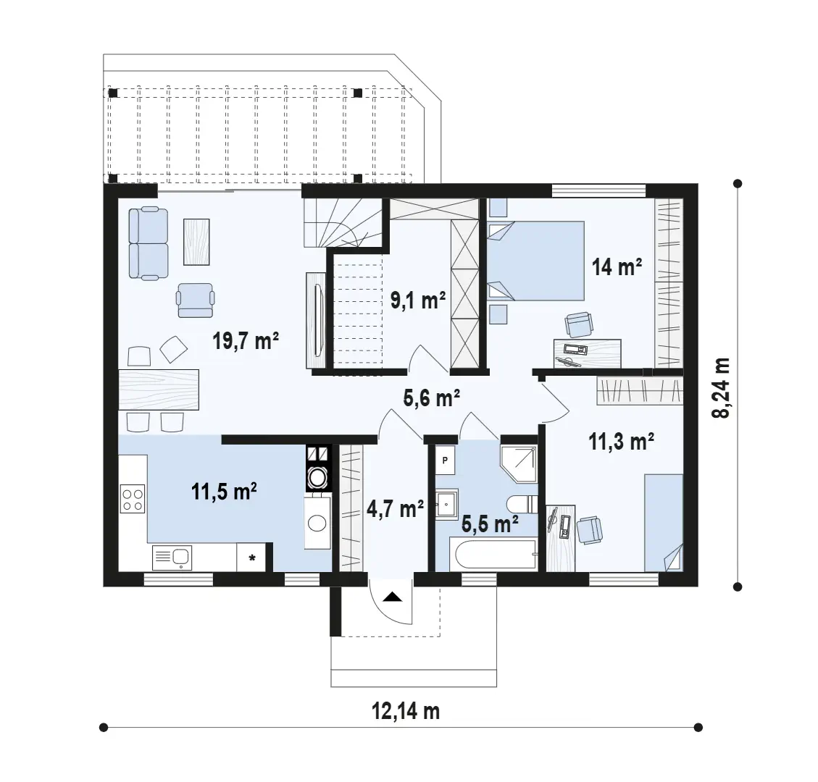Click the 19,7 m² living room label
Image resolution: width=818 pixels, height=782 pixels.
pos(246,342)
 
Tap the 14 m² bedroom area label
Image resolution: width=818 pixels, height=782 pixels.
pos(617,267)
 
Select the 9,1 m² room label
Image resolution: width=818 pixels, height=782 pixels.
pos(418,300)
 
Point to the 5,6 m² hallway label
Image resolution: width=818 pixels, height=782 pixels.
pos(431,399)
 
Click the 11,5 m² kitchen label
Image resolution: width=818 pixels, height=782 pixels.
pos(224,491)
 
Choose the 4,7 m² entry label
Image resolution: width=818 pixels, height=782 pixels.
pos(395,508)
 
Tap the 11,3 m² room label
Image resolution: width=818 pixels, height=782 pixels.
pos(622,442)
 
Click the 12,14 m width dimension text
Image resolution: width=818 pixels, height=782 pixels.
pos(405,710)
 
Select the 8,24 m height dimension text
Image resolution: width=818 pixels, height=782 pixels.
pos(720,388)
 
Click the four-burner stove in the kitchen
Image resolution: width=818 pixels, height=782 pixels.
pos(133,499)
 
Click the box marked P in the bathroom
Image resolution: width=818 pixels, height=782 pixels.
pos(445,461)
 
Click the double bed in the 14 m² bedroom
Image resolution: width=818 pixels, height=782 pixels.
pos(535,261)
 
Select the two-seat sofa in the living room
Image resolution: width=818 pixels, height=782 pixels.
pos(149,243)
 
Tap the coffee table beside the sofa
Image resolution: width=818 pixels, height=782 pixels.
pos(196,242)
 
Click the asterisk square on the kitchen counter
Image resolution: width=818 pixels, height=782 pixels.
pos(251,558)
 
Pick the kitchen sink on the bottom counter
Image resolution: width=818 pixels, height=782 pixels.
pos(172,558)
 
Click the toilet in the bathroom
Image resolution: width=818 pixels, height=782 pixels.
pos(522,504)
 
